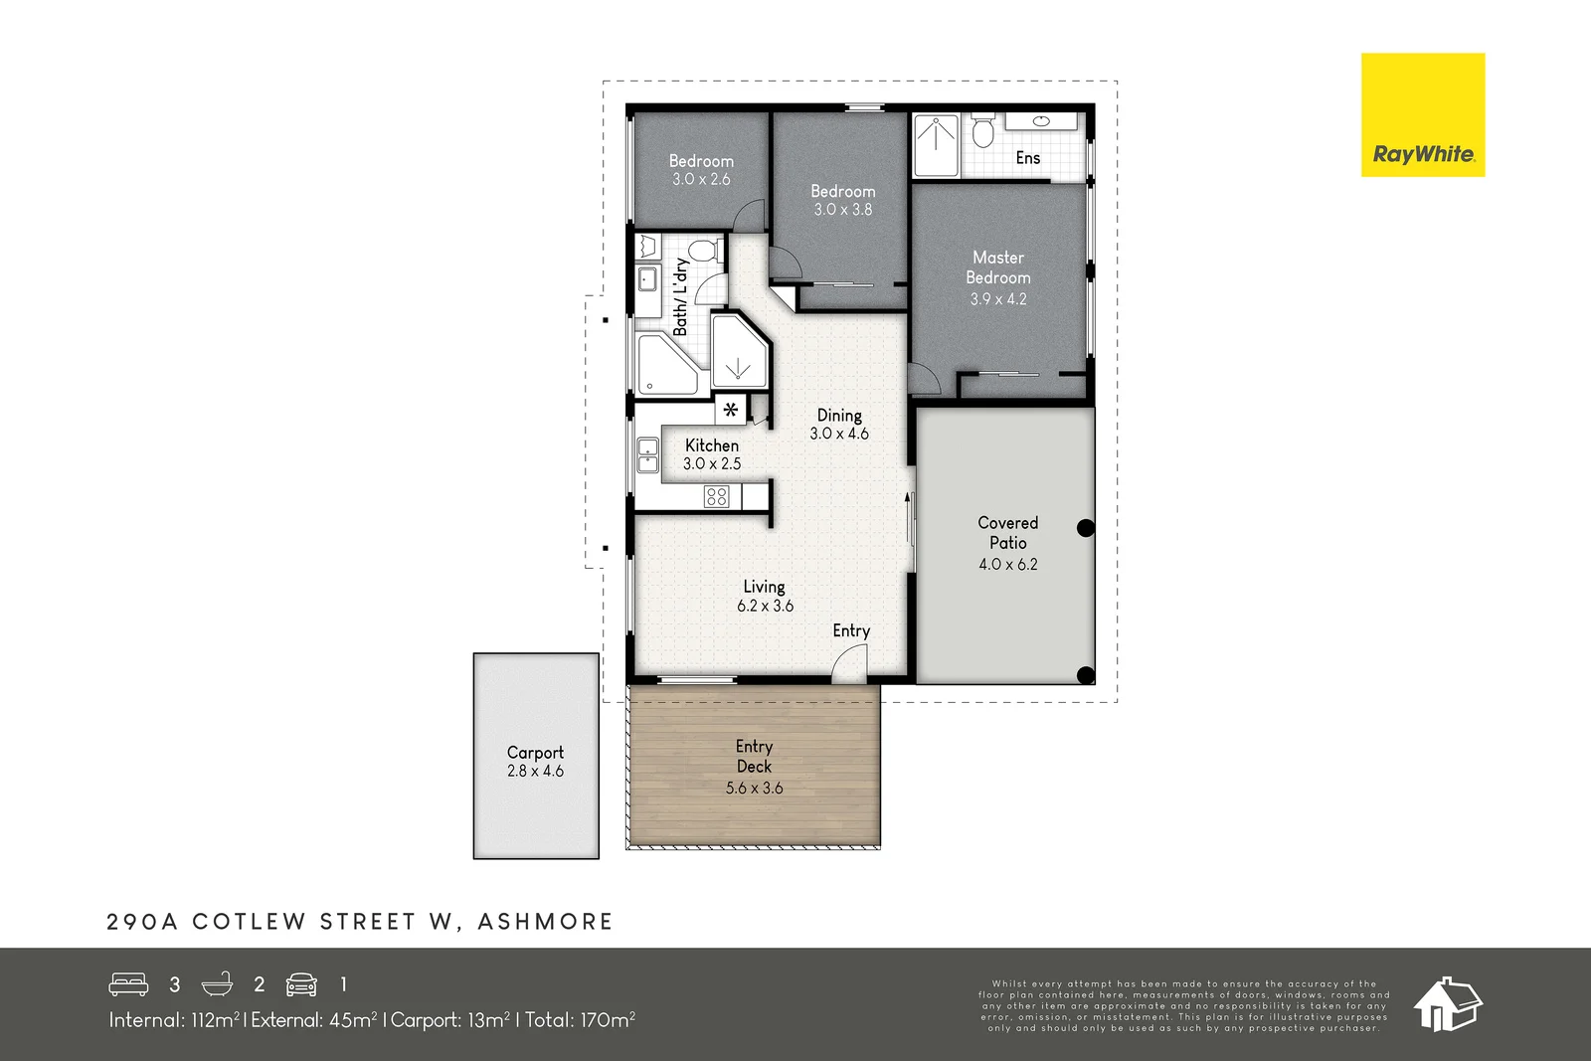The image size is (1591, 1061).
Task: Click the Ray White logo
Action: [1422, 115]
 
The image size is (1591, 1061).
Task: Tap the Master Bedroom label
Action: [997, 267]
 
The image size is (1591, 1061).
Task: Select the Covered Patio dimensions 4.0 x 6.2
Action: [1007, 564]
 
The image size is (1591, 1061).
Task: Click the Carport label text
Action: [535, 753]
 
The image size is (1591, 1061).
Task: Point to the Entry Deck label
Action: [754, 756]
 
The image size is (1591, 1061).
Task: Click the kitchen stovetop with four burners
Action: [716, 495]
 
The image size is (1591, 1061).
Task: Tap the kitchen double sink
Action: [647, 454]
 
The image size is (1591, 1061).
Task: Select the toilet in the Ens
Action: [983, 131]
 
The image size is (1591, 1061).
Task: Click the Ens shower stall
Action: [936, 145]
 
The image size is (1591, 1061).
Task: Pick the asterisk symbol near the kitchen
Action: [731, 409]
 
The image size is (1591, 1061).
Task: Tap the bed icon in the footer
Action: [128, 984]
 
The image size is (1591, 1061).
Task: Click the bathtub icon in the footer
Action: [217, 984]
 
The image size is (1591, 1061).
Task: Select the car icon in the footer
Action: [301, 984]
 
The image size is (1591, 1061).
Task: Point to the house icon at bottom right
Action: [1447, 1003]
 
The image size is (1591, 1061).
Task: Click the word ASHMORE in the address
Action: [545, 922]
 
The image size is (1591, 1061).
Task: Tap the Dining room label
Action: [839, 416]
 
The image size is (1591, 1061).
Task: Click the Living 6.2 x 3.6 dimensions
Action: [765, 606]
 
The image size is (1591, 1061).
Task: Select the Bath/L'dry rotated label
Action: [680, 296]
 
